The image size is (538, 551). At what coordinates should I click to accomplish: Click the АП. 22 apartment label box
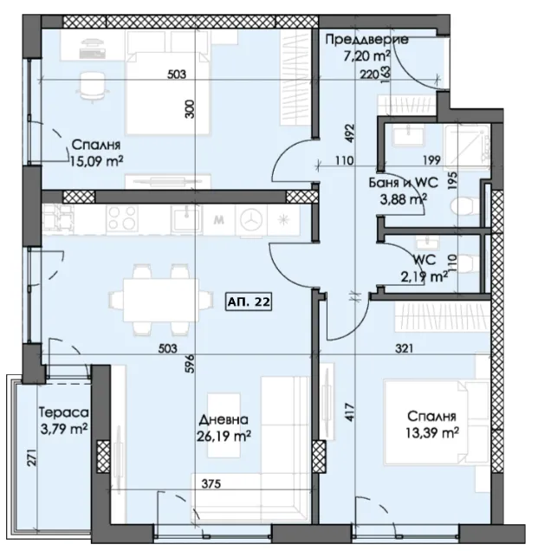coord(249,301)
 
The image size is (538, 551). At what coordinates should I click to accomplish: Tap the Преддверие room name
coord(366,40)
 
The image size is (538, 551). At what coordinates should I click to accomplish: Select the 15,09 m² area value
coord(97,161)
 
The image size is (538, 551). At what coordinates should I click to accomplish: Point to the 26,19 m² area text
coord(224,436)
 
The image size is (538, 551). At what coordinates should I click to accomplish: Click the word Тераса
coord(63,412)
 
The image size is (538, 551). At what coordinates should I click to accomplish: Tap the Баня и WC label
coord(403,183)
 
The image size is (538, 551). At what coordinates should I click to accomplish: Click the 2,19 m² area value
coord(425,276)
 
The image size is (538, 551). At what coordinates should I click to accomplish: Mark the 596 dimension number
coord(190,364)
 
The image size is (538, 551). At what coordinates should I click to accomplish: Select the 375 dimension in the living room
coord(211,484)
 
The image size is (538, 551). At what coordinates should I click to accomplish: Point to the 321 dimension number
coord(404,348)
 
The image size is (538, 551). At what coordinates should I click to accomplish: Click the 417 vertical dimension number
coord(352,412)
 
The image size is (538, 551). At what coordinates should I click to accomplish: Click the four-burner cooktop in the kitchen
coord(121,218)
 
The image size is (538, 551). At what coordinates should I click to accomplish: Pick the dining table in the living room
coord(160,299)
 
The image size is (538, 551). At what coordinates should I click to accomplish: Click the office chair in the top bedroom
coord(90,88)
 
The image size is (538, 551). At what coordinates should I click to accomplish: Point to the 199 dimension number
coord(432,160)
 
